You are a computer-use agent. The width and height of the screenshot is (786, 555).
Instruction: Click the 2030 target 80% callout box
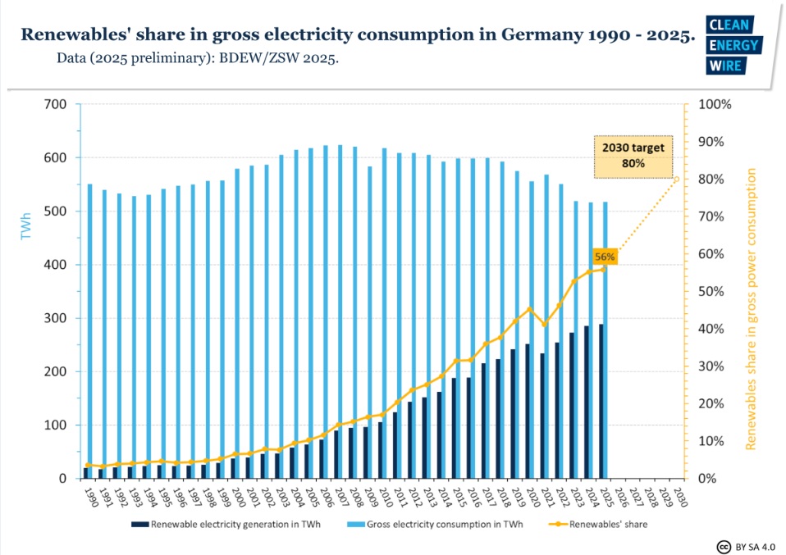(x=633, y=157)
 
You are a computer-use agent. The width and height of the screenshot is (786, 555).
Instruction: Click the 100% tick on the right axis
(x=710, y=104)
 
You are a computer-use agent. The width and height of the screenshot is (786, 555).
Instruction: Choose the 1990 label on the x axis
(x=88, y=498)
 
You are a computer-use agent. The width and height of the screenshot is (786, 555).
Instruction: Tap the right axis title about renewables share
(x=751, y=310)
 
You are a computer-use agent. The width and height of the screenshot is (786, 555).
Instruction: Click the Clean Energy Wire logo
(x=733, y=45)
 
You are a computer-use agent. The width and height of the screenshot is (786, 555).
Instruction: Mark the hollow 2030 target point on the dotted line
(x=677, y=179)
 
